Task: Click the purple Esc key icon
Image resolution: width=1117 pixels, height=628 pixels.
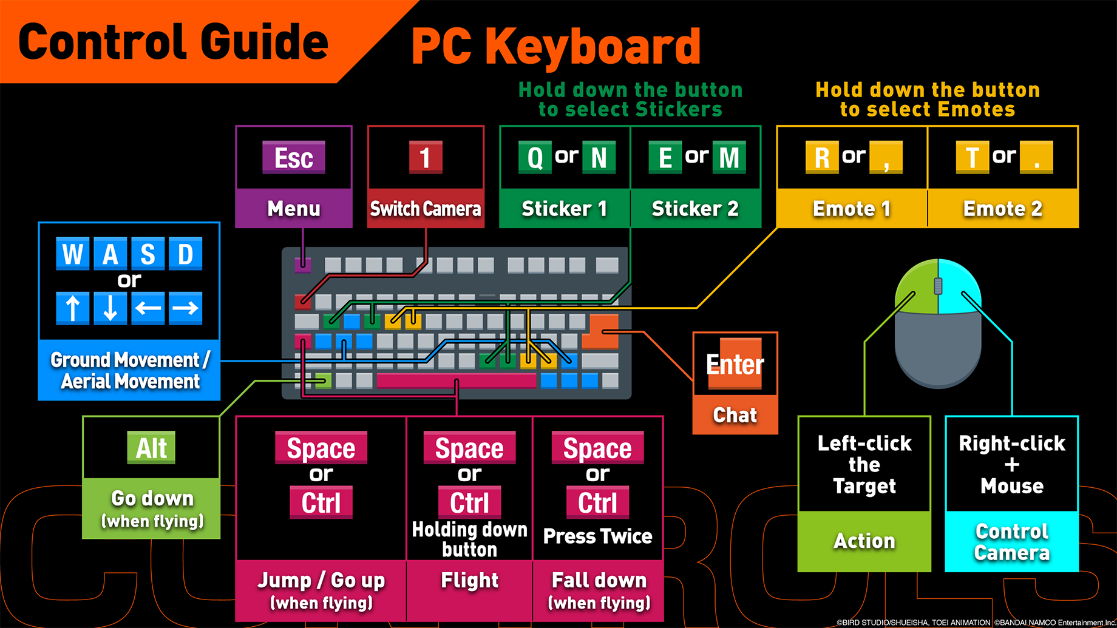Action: (x=293, y=158)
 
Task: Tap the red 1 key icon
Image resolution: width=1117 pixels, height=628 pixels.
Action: (x=425, y=158)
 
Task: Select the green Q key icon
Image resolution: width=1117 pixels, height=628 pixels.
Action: (x=535, y=158)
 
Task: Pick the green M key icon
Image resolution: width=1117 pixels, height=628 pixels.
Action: (x=728, y=158)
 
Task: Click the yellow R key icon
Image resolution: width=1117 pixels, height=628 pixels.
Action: (x=821, y=158)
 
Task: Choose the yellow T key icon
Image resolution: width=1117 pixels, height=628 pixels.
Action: (x=972, y=158)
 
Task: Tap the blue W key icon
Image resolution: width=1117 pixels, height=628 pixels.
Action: (x=73, y=254)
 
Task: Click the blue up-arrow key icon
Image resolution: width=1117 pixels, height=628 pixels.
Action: (x=73, y=308)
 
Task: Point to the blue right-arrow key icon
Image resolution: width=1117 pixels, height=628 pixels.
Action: (x=185, y=308)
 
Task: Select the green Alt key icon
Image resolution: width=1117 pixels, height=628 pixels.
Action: (x=151, y=448)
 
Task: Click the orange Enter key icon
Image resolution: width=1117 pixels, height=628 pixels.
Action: (x=735, y=364)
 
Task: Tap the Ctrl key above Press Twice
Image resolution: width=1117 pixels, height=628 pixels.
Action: (x=597, y=502)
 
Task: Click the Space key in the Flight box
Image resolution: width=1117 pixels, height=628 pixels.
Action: (x=469, y=448)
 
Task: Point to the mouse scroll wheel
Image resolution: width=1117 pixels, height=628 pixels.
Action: (x=938, y=286)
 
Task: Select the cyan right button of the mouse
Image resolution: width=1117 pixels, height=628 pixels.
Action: (x=960, y=288)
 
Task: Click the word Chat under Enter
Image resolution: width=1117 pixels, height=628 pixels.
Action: (x=735, y=415)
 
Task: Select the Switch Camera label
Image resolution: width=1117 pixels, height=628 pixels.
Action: (x=425, y=209)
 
